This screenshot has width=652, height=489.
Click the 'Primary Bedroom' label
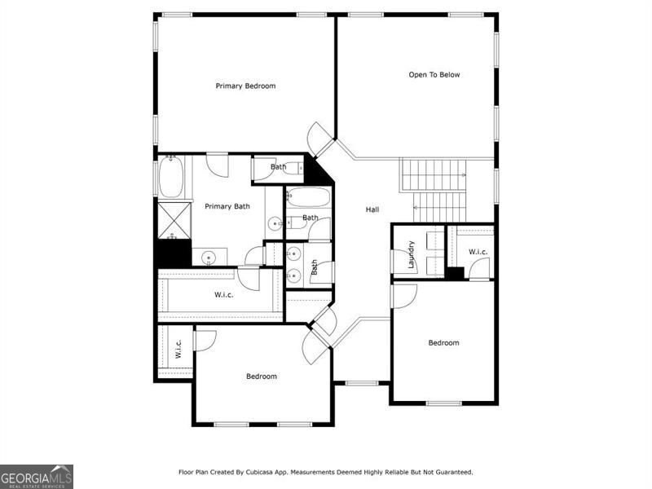(x=245, y=86)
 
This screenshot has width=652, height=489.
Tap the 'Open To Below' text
(x=434, y=75)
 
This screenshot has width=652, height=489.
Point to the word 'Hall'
(x=372, y=210)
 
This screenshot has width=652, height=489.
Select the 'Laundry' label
(x=412, y=253)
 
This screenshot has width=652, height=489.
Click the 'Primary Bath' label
(x=227, y=206)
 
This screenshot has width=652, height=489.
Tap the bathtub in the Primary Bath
(x=170, y=176)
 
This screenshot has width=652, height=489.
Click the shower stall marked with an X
(x=173, y=219)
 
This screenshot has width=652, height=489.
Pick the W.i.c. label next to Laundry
(x=478, y=252)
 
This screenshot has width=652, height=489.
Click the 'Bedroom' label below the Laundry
(x=443, y=343)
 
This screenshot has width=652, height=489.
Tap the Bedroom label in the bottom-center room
(x=262, y=377)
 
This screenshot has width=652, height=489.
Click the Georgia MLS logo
(x=37, y=476)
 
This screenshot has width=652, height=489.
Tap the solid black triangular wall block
(x=315, y=171)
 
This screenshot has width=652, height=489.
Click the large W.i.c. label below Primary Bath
(x=224, y=294)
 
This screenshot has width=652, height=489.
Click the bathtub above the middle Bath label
(x=308, y=199)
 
